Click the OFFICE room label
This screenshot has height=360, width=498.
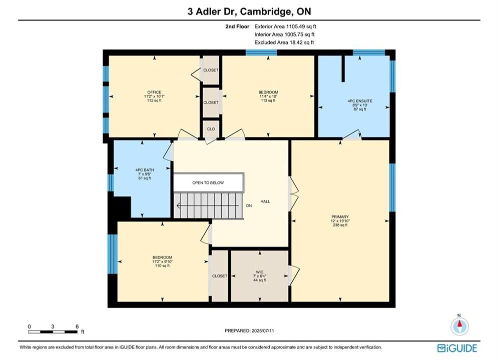(x=154, y=92)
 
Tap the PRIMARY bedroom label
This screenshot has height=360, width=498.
(x=340, y=217)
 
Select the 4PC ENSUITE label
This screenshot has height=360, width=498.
(x=360, y=101)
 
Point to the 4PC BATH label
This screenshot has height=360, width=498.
(x=145, y=170)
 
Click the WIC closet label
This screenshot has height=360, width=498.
(x=259, y=272)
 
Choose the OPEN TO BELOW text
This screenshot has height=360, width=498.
(x=208, y=182)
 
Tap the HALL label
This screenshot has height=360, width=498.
(x=265, y=201)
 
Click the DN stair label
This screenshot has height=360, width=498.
(x=249, y=206)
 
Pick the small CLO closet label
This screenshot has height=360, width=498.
(x=211, y=129)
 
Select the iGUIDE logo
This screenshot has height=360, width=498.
(x=457, y=348)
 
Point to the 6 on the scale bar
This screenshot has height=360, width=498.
(x=77, y=326)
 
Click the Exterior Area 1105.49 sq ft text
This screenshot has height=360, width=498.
(x=285, y=26)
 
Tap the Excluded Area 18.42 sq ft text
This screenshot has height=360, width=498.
(x=284, y=42)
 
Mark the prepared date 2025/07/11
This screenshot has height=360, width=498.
(x=263, y=330)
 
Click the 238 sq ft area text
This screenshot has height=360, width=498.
(x=340, y=225)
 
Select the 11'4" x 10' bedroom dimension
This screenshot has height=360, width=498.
(x=268, y=96)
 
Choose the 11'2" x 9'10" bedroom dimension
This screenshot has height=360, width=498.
(x=162, y=261)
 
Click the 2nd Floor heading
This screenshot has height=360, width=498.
(x=237, y=26)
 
